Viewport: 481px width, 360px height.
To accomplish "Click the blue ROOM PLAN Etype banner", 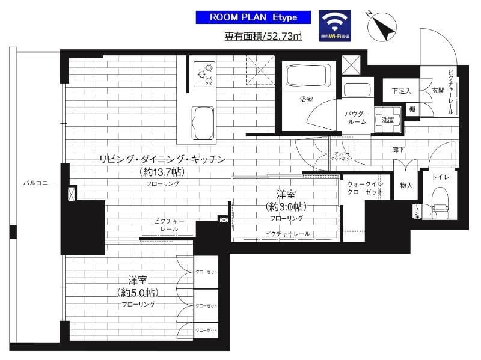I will point(253,17).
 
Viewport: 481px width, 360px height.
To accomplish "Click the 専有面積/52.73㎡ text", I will point(263,37).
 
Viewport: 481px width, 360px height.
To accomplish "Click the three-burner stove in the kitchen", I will point(204,73).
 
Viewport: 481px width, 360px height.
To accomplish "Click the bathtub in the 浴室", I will point(307,76).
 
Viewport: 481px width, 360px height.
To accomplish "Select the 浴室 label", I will point(307,99).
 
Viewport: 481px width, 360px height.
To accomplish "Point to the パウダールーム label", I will point(357,117).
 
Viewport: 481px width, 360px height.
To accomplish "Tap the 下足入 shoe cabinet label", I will point(400,91).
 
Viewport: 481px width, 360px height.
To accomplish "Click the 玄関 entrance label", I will point(437,91).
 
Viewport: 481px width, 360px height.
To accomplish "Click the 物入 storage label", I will point(406,185).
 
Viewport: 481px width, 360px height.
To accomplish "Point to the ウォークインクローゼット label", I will point(365,188).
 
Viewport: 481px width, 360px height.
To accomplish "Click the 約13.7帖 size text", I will point(161,172).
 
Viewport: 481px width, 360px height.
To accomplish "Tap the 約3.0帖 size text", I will point(285,207).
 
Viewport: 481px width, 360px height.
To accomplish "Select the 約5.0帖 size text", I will point(138,293).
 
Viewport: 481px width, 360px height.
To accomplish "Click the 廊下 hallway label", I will point(398,149).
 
